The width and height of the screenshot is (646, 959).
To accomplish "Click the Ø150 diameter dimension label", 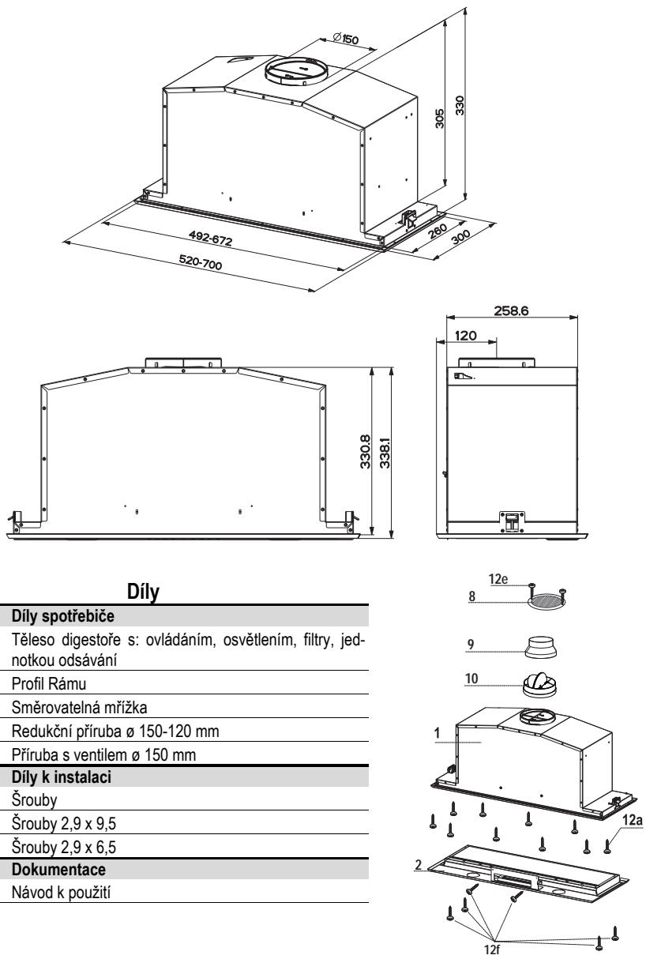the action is [345, 39].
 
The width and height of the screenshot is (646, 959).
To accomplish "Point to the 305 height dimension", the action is [440, 118].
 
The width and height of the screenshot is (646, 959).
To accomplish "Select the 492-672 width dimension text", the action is [211, 238].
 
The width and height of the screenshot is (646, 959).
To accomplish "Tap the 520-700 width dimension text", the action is [201, 261].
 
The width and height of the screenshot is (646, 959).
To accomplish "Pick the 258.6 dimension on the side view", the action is [511, 310].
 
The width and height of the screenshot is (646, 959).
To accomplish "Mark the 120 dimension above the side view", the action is [465, 335].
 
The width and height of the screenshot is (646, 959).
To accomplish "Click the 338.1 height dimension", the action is [385, 453].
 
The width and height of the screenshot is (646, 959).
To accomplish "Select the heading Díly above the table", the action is [143, 592].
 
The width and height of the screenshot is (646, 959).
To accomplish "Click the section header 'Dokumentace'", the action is [58, 870].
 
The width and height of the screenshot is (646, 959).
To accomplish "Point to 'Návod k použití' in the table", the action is [61, 893].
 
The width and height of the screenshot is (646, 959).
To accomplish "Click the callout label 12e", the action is [498, 579].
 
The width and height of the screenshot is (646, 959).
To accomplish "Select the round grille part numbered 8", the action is [546, 601].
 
